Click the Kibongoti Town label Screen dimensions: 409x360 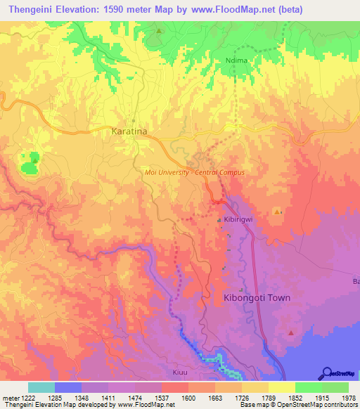click(x=256, y=297)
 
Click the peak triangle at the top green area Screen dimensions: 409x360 click(x=160, y=31)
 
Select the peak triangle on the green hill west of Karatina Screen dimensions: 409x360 click(x=34, y=160)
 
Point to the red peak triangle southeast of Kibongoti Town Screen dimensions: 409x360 click(x=291, y=332)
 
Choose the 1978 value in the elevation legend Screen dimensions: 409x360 click(x=348, y=398)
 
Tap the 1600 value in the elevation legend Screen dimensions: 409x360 click(x=188, y=398)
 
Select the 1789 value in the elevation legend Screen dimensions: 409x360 click(x=268, y=398)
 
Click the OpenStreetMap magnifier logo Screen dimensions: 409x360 click(x=326, y=373)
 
